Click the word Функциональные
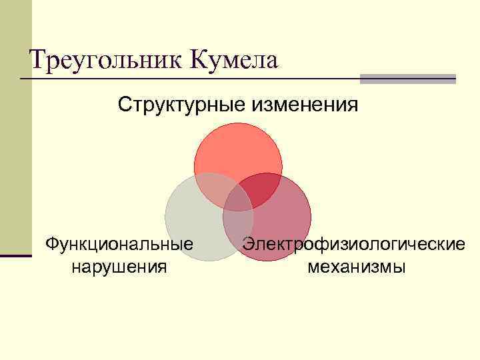click(119, 245)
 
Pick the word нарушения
click(119, 267)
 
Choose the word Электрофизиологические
click(353, 245)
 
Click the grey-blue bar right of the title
click(407, 79)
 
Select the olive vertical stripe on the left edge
click(15, 127)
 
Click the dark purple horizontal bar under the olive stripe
click(15, 255)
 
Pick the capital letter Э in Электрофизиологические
click(249, 245)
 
